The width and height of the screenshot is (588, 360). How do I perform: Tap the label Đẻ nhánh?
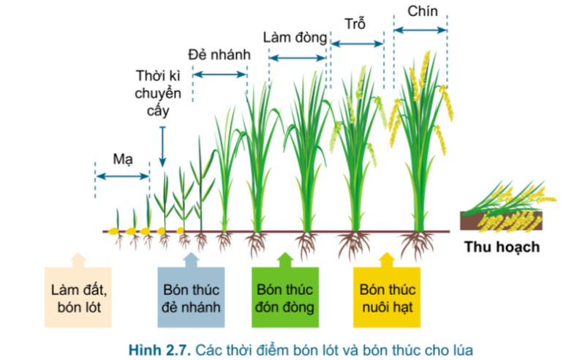[x=219, y=55]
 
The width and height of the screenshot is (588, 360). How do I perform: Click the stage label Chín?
[x=421, y=10]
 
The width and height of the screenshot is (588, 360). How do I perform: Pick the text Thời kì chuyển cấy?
[x=162, y=93]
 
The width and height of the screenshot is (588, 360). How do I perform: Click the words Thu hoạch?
[x=502, y=247]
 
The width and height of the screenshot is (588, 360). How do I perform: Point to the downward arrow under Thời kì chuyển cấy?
[x=162, y=146]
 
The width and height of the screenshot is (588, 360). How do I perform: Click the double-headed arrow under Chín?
[x=421, y=30]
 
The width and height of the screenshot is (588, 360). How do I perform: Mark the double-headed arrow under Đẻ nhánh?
[x=219, y=75]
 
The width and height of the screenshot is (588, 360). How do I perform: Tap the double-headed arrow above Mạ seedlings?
[x=122, y=176]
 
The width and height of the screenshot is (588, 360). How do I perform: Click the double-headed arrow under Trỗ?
[x=357, y=44]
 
